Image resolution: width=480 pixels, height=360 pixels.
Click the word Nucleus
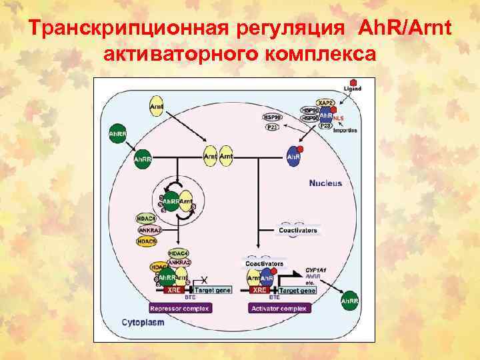point(325,183)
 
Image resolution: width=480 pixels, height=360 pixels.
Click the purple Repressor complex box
point(179,308)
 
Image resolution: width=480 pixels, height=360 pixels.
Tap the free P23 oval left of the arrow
point(273,127)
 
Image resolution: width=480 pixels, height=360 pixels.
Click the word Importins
point(345,131)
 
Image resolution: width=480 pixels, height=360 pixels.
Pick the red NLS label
point(339,118)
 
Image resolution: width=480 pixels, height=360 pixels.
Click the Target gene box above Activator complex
point(297,291)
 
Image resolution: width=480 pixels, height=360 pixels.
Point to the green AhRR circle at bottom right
point(349,302)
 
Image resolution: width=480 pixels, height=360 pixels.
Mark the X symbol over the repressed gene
point(204,279)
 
